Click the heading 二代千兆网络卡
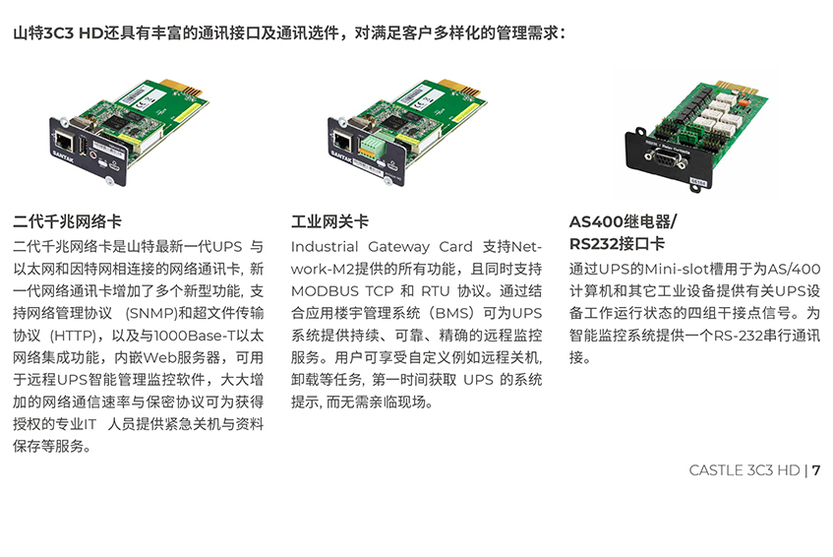(x=68, y=221)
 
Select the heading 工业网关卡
(x=329, y=221)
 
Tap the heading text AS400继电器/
(x=624, y=221)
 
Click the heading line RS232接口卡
(x=618, y=243)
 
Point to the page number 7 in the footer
(x=816, y=470)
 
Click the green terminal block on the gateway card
(x=373, y=146)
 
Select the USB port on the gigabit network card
(x=84, y=147)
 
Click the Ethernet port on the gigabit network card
(x=64, y=142)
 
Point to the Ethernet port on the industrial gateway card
(x=342, y=141)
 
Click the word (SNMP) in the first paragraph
(x=151, y=313)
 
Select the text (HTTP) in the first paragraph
(x=74, y=336)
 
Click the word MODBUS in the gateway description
(x=325, y=291)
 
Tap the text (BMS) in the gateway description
(x=451, y=313)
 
